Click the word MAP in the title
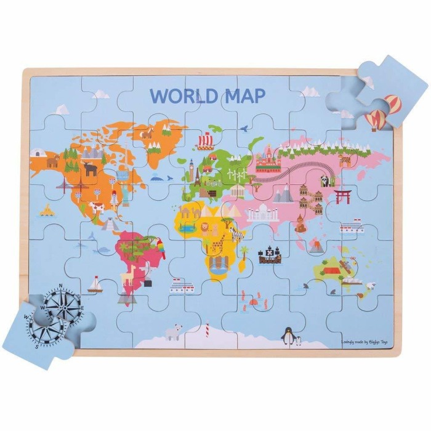coord(243,97)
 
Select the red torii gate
coord(342,196)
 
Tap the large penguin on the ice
coord(287,336)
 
